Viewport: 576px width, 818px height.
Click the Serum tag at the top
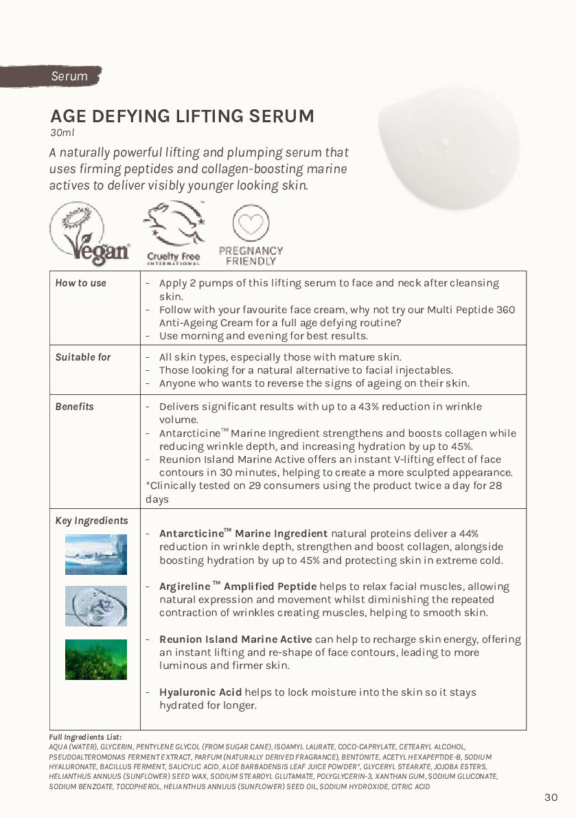69,76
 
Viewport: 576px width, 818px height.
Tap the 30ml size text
62,133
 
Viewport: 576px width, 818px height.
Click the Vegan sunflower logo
89,234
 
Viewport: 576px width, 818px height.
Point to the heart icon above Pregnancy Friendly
251,223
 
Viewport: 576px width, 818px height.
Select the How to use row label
80,283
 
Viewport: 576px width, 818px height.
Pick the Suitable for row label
82,357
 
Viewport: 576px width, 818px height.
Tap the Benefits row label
74,407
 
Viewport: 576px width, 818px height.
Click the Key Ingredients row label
91,521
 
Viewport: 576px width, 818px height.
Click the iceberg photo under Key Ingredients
96,554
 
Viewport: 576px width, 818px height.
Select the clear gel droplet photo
96,606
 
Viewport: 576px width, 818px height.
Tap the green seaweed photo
96,659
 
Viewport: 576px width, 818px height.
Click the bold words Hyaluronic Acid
200,692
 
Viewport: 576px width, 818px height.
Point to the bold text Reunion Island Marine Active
235,639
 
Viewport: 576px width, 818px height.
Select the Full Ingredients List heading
85,737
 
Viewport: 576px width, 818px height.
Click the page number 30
551,797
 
